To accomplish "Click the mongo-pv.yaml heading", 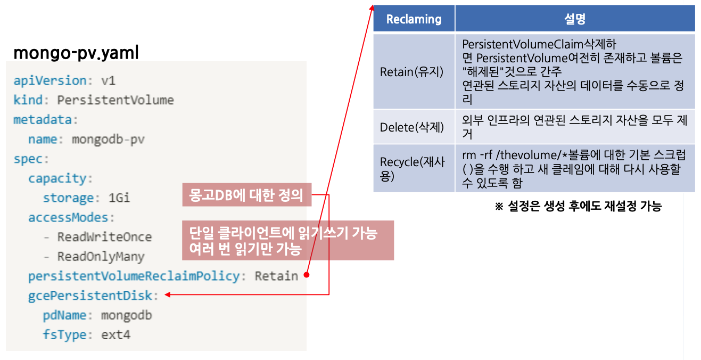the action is point(76,53).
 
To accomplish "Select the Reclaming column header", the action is point(414,19).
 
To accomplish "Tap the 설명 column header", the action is point(574,19).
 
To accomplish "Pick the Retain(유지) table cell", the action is point(411,71).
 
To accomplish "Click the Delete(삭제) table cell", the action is point(411,127).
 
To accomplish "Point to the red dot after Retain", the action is point(307,275).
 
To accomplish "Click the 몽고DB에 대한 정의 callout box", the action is point(246,195).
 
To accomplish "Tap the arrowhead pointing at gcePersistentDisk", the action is point(168,294).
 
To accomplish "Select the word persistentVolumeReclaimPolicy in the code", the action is point(134,276).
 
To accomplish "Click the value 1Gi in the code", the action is point(119,198).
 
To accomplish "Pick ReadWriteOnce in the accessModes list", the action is point(105,237).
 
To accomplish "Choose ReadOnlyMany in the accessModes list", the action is point(101,257).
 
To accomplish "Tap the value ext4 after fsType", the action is point(116,335).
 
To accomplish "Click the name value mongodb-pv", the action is point(108,140).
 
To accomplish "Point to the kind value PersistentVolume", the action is point(116,100).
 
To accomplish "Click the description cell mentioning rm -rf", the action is point(574,168).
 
